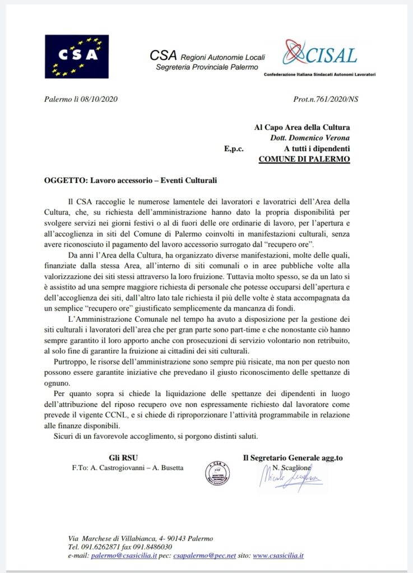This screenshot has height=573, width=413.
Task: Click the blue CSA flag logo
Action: pyautogui.click(x=77, y=56)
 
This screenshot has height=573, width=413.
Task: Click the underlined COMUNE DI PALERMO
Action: pyautogui.click(x=304, y=159)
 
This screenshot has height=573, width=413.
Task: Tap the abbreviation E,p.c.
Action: pyautogui.click(x=234, y=149)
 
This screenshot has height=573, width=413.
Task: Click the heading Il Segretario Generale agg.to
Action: pyautogui.click(x=293, y=457)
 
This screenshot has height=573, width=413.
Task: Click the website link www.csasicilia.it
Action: pyautogui.click(x=278, y=556)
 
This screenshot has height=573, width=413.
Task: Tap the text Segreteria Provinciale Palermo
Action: pyautogui.click(x=207, y=67)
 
